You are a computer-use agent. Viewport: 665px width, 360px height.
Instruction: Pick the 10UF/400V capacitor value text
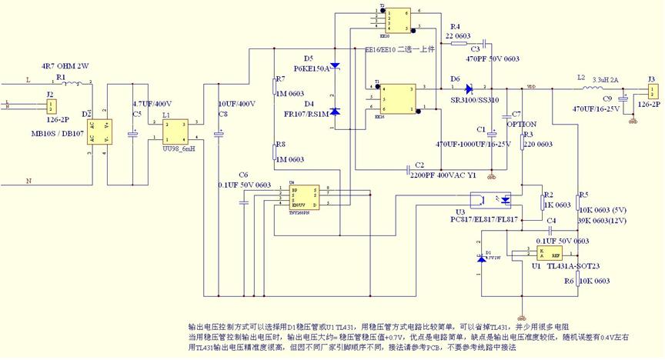[x=236, y=103]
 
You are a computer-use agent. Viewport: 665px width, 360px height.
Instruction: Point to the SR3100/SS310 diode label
[x=473, y=100]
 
